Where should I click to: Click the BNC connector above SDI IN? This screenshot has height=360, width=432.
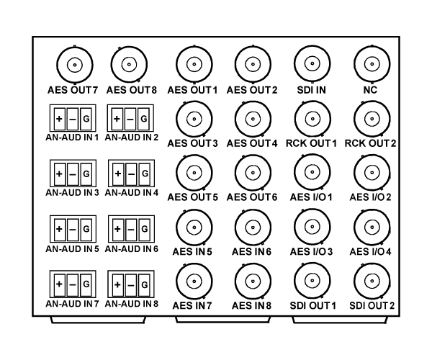(312, 63)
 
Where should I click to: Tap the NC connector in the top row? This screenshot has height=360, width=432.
(372, 64)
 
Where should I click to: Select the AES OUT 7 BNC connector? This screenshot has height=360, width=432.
(75, 65)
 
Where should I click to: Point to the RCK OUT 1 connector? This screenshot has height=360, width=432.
(312, 119)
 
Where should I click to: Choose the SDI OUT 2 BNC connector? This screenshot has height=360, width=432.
(372, 282)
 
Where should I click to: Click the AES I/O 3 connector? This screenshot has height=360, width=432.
(312, 227)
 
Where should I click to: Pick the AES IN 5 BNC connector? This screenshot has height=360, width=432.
(194, 228)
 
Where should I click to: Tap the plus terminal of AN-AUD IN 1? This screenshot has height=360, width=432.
(60, 119)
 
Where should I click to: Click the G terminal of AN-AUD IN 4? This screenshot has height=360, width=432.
(145, 174)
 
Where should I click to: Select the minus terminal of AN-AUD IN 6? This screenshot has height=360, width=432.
(131, 229)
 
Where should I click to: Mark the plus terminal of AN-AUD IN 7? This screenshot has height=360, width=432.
(59, 284)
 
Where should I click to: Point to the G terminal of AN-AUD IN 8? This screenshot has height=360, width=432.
(145, 284)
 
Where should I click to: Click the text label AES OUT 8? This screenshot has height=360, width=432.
(132, 90)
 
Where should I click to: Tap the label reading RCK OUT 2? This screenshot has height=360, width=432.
(370, 143)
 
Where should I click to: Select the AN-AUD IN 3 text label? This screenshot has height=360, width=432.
(72, 192)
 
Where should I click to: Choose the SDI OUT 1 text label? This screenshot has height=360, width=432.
(312, 306)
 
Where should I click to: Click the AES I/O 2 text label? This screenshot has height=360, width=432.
(370, 197)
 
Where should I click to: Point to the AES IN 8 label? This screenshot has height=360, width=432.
(251, 306)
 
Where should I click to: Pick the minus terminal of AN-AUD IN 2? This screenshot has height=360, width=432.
(130, 119)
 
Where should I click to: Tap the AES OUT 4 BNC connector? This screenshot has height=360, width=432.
(253, 119)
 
